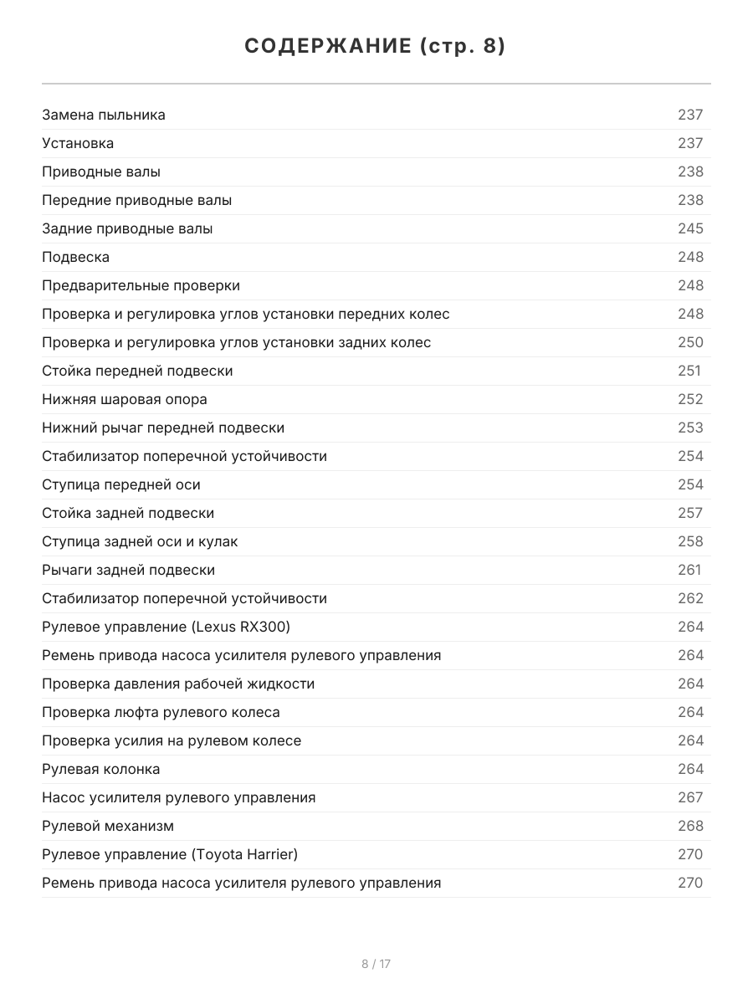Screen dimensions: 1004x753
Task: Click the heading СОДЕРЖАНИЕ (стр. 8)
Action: tap(376, 47)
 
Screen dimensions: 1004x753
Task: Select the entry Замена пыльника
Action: tap(104, 115)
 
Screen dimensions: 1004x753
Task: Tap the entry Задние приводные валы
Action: tap(127, 228)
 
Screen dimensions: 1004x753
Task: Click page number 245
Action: tap(690, 228)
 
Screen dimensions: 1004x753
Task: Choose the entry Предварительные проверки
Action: tap(141, 285)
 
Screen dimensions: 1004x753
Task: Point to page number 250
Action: tap(690, 342)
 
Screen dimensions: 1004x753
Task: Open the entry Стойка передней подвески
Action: tap(137, 371)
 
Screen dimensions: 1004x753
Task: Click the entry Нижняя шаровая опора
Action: tap(125, 399)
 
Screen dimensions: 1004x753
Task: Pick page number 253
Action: tap(690, 428)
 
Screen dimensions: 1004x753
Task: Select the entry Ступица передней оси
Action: tap(121, 484)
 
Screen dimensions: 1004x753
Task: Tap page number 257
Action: tap(690, 513)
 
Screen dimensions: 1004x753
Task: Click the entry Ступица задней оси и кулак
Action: tap(140, 541)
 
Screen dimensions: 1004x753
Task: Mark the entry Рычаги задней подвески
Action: tap(128, 570)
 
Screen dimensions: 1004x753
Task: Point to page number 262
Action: tap(690, 598)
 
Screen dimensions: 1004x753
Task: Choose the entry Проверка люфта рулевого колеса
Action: tap(161, 712)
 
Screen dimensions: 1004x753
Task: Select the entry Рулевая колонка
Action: tap(100, 769)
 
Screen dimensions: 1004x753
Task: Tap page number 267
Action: tap(690, 797)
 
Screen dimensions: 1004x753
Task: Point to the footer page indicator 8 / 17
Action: tap(376, 964)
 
